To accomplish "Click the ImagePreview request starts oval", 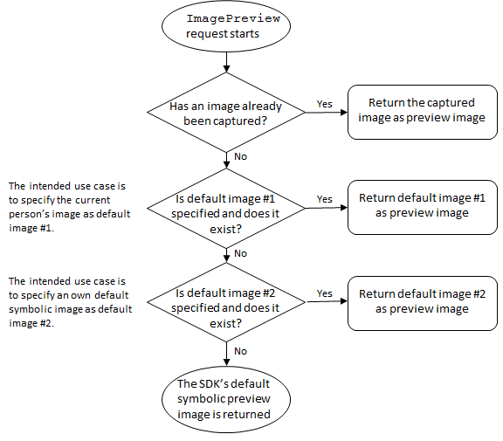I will (x=227, y=27).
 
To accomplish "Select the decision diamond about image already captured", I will (x=227, y=113).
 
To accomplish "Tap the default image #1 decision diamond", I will (x=227, y=208).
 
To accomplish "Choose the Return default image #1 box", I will (x=422, y=206).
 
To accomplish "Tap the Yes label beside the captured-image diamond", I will (x=324, y=104).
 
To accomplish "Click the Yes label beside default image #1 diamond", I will (x=324, y=199).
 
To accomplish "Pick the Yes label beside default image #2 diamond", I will (x=324, y=293).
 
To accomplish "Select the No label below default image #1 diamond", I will (x=239, y=253).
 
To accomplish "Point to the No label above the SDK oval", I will (x=239, y=349).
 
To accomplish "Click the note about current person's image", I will (x=68, y=207).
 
